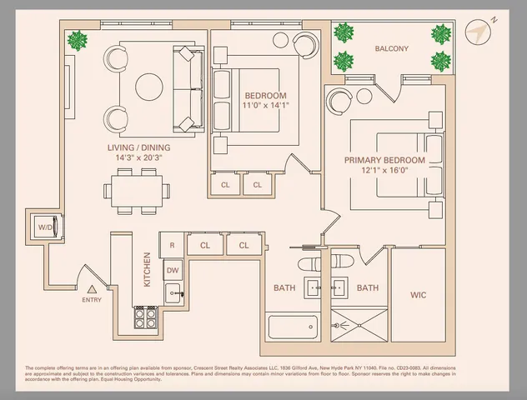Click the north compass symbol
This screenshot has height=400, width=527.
(478, 31)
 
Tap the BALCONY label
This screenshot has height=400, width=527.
(391, 49)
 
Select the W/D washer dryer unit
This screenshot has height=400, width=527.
(44, 227)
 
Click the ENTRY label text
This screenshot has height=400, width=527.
(92, 298)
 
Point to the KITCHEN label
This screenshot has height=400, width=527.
(147, 270)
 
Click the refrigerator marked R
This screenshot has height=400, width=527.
(172, 246)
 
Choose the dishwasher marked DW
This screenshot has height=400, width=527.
(172, 269)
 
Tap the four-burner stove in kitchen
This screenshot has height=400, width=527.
(146, 317)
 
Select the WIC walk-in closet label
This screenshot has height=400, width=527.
(418, 295)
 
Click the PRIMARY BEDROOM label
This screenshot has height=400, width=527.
(384, 160)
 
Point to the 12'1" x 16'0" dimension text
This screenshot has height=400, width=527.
(384, 171)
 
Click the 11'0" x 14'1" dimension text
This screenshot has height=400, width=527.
(265, 106)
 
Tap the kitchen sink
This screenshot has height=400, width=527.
(173, 292)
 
